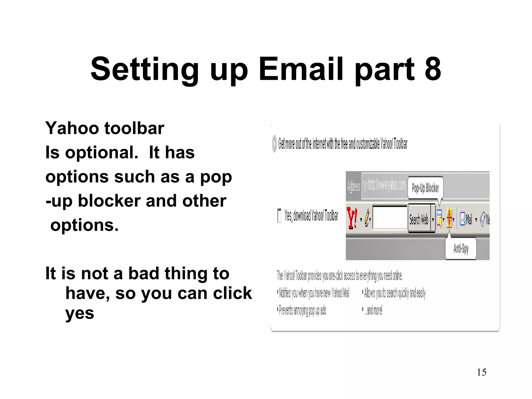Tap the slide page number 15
point(481,372)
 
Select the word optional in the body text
point(102,152)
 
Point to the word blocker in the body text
point(109,201)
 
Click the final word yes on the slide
point(79,313)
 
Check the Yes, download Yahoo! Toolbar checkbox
point(279,216)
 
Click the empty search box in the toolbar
point(390,218)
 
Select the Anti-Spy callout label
point(461,249)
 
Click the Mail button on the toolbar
point(466,219)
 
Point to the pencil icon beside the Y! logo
point(367,218)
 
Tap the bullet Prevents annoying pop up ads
point(302,311)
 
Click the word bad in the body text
point(143,274)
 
